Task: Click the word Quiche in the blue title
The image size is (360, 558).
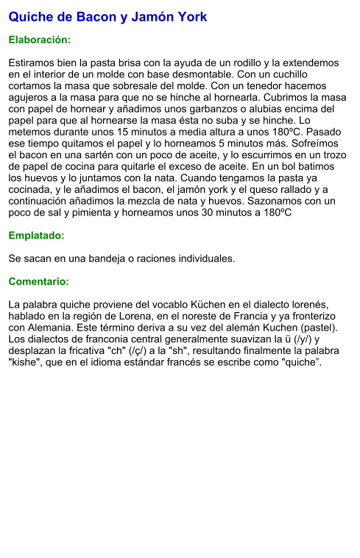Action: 31,16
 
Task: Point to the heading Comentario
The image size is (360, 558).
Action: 38,281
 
